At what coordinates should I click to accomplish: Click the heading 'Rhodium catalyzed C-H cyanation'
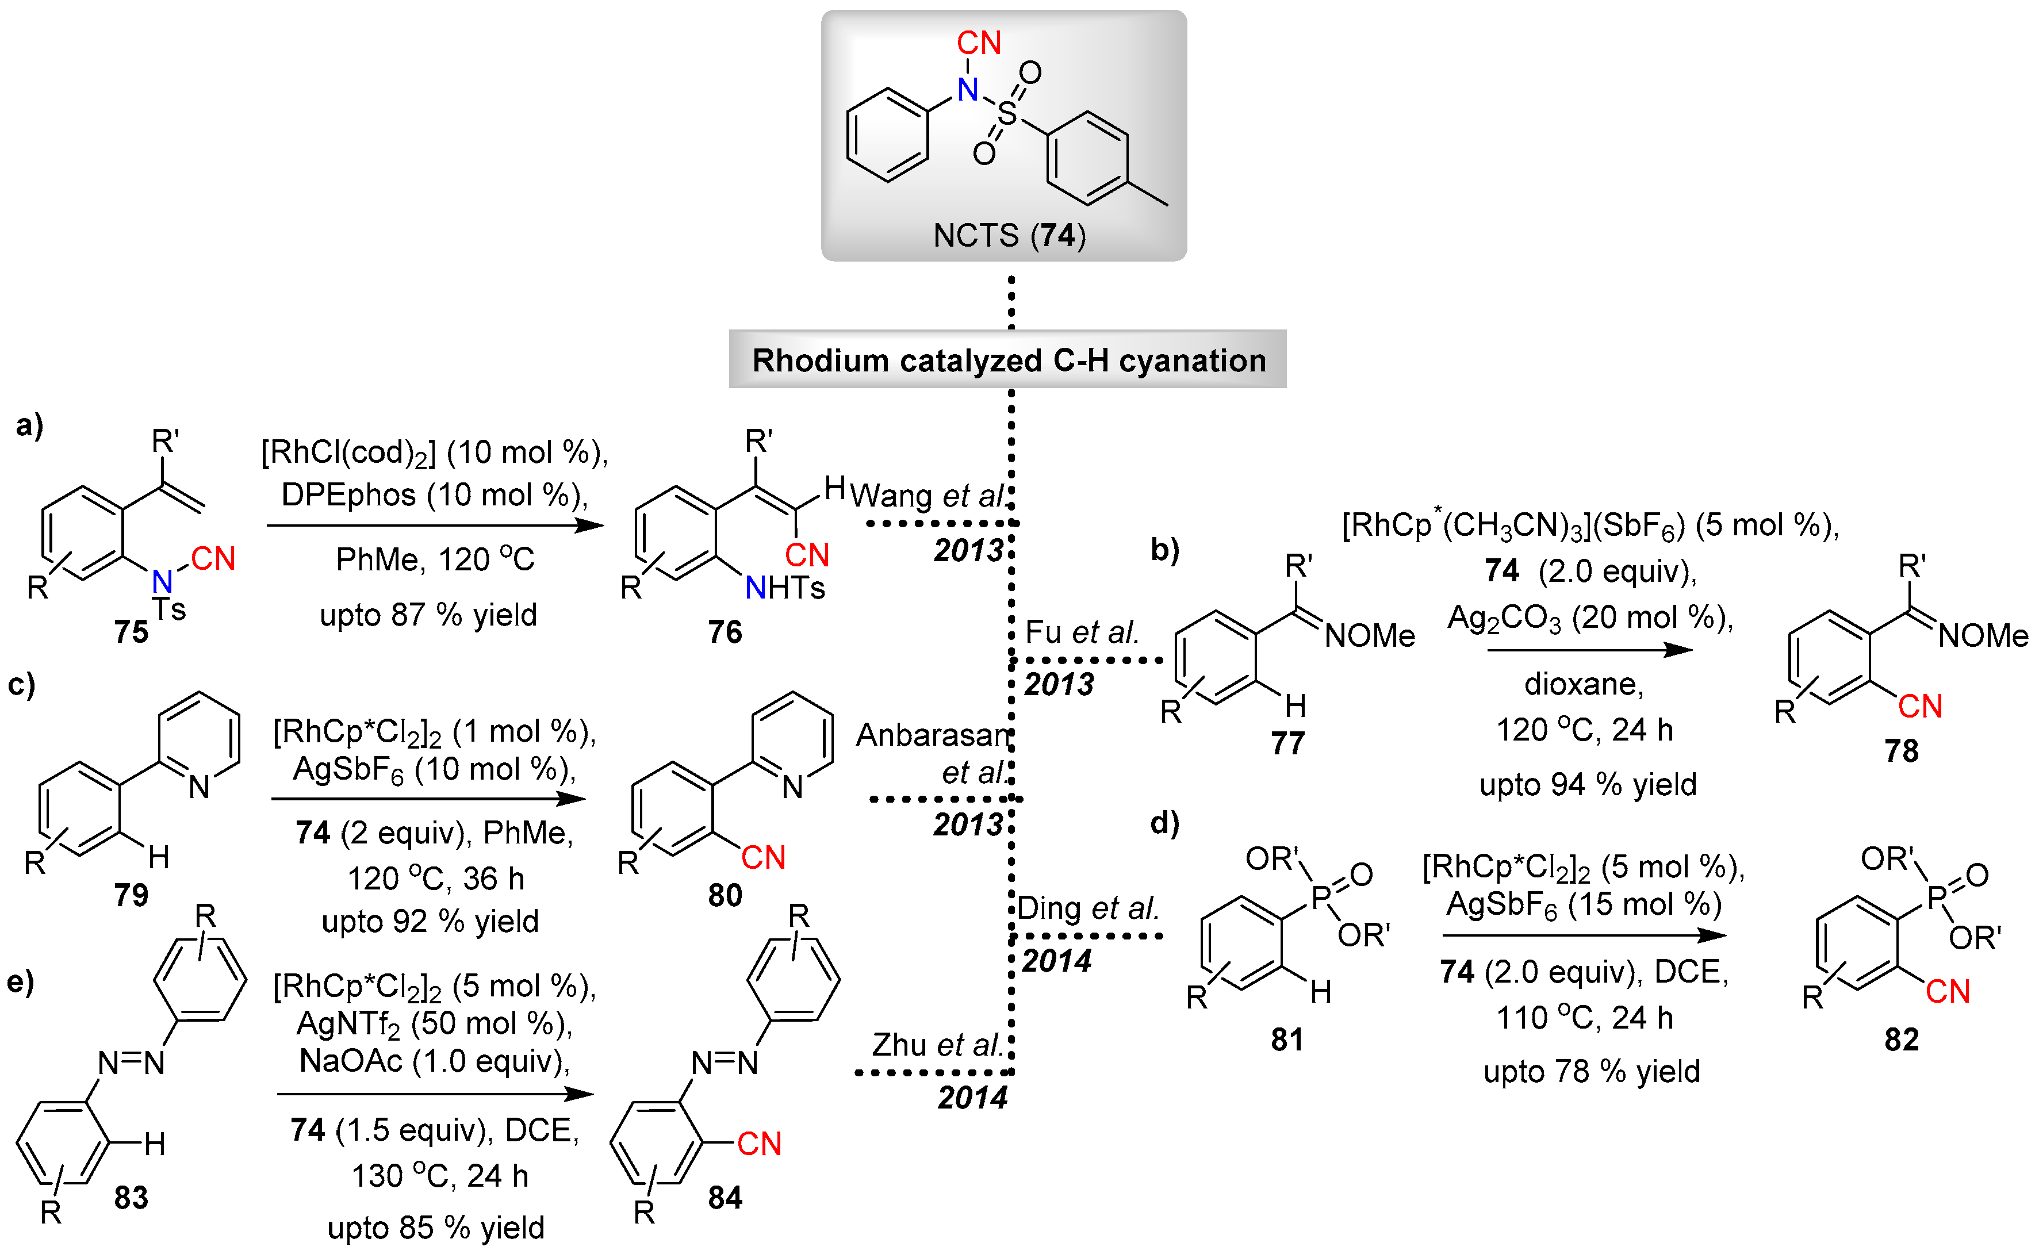[x=1008, y=360]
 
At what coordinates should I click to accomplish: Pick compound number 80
[x=725, y=895]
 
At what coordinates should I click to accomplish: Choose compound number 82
[x=1901, y=1039]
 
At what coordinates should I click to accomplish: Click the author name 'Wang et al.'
[x=927, y=496]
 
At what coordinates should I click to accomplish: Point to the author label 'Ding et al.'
[x=1087, y=908]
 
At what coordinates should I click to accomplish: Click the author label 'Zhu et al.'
[x=936, y=1045]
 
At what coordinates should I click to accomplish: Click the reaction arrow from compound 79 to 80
[x=428, y=799]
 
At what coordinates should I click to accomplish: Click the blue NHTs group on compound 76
[x=784, y=588]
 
